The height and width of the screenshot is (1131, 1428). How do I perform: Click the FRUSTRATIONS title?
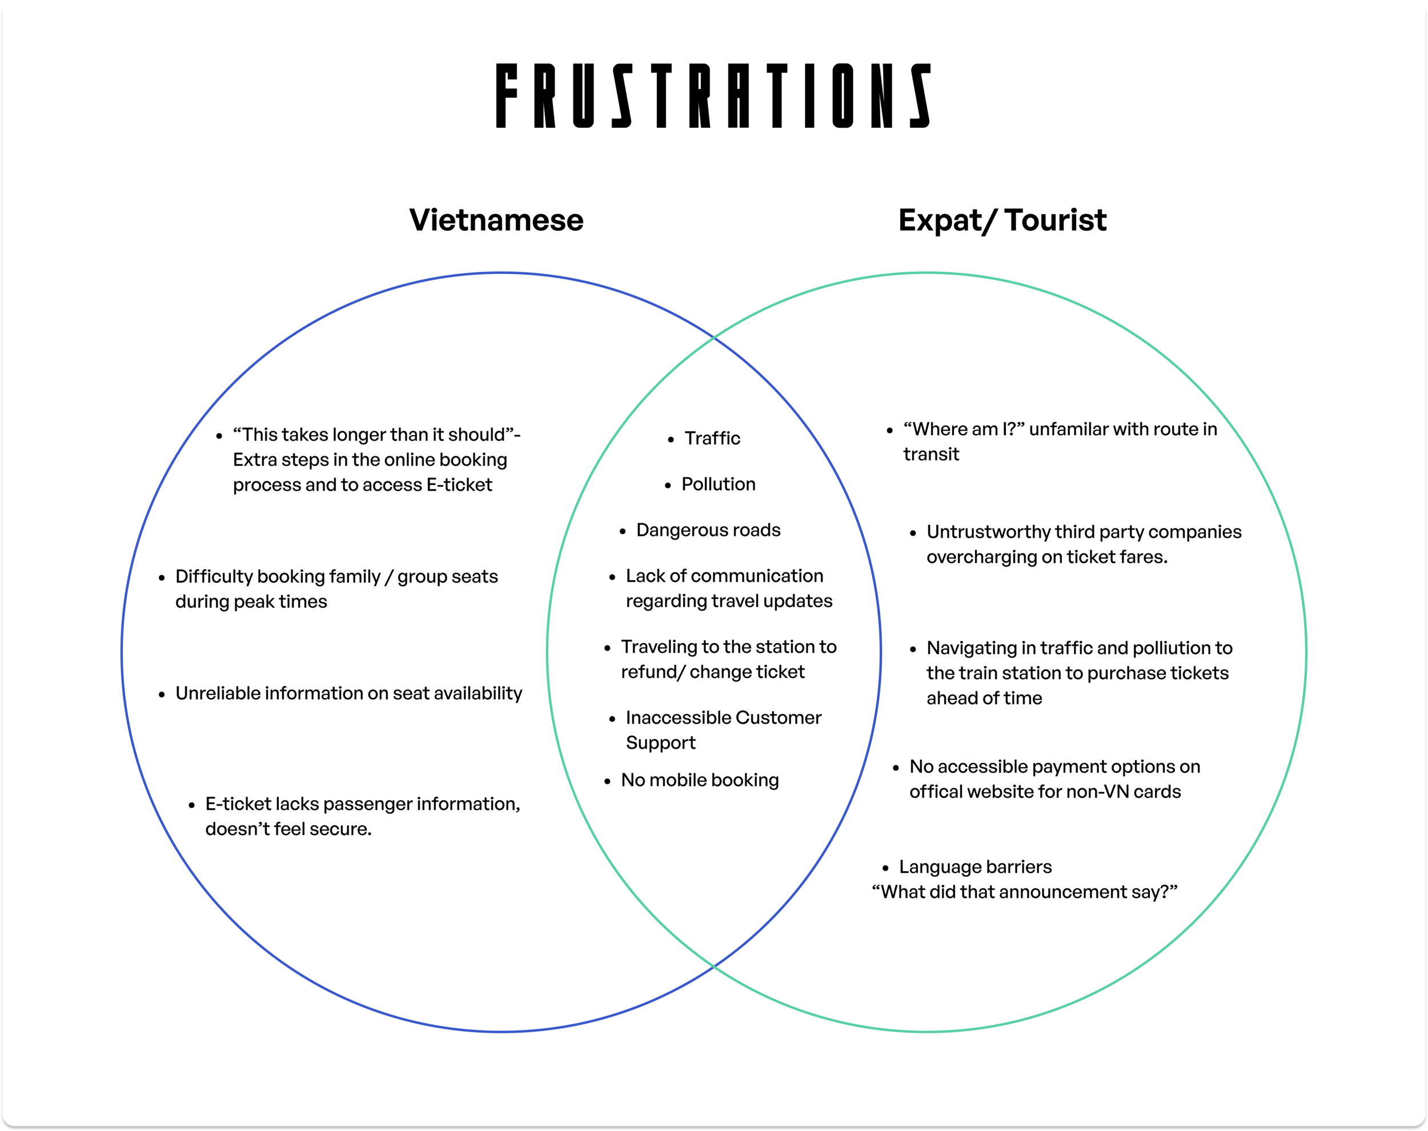(x=713, y=95)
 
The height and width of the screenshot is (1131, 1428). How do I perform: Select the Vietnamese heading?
(x=496, y=220)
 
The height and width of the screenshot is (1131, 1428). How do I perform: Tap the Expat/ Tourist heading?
(x=1002, y=220)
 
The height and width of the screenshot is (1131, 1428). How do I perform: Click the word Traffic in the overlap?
(x=712, y=438)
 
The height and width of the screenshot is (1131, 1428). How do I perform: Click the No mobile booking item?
(x=699, y=780)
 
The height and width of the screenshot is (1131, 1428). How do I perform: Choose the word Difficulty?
(x=213, y=577)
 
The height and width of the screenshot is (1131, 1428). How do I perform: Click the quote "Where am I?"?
(x=964, y=429)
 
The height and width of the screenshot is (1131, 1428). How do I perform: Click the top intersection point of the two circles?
(x=713, y=338)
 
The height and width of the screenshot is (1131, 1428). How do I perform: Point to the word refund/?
(x=652, y=672)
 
